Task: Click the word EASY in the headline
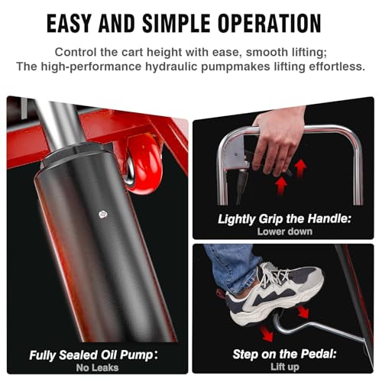[x=69, y=24]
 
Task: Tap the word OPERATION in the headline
[x=270, y=24]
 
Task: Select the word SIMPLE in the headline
[x=176, y=24]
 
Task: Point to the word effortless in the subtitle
[x=337, y=66]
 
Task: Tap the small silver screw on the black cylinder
[x=103, y=214]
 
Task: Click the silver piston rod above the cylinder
[x=61, y=125]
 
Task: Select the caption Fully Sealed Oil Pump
[x=91, y=355]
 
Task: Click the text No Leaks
[x=97, y=367]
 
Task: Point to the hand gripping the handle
[x=279, y=140]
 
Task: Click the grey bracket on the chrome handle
[x=238, y=155]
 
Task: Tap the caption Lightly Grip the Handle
[x=284, y=219]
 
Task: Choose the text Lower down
[x=285, y=231]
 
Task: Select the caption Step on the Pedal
[x=284, y=354]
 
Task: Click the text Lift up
[x=284, y=367]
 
